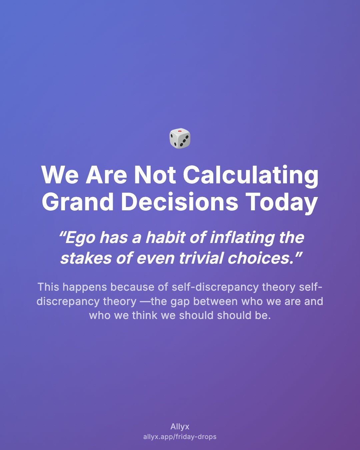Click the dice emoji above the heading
(x=180, y=138)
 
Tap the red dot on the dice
(x=180, y=131)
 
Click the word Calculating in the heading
(x=251, y=175)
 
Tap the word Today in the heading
(x=282, y=202)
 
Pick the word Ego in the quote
(x=77, y=238)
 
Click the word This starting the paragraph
(x=49, y=287)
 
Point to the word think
(x=145, y=315)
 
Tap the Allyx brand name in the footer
(x=180, y=427)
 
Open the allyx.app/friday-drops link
(x=180, y=437)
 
